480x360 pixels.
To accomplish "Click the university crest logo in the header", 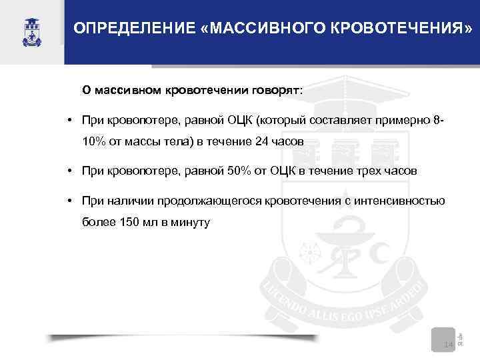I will pos(31,31).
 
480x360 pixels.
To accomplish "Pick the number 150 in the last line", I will pos(131,223).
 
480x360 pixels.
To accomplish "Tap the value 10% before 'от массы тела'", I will pos(95,141).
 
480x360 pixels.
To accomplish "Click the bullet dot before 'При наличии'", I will pos(69,200).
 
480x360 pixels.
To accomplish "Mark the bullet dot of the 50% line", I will pos(69,171).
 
